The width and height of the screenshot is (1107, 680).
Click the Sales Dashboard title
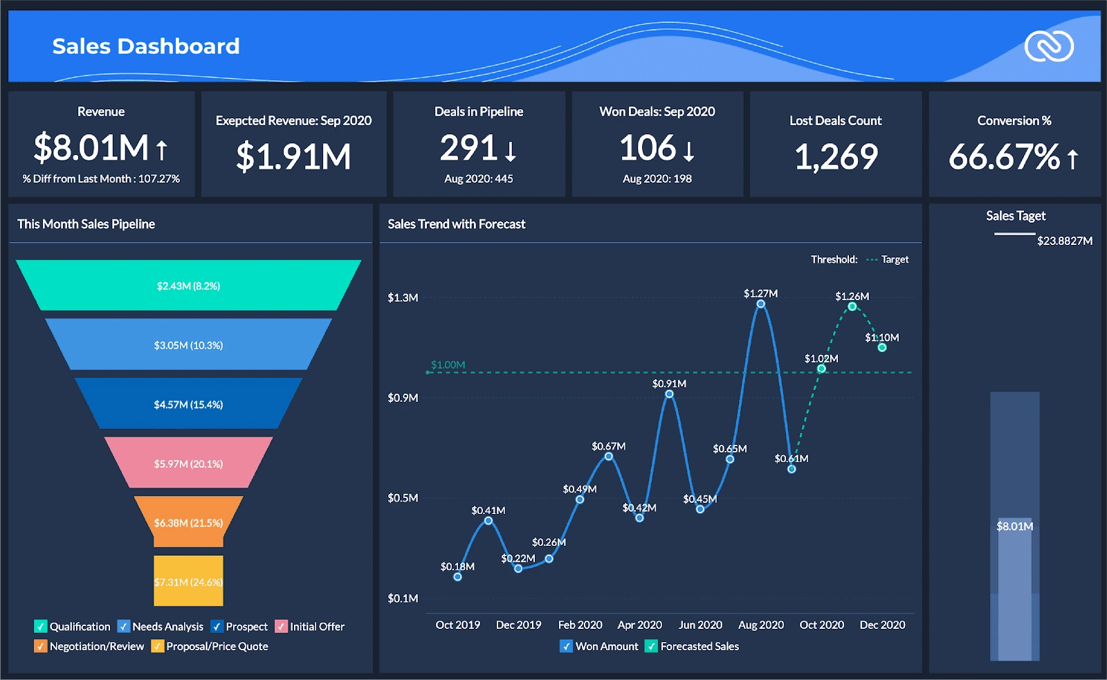pos(146,46)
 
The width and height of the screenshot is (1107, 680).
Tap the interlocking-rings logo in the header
pos(1049,46)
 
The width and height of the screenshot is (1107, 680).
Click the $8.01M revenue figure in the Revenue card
pos(91,148)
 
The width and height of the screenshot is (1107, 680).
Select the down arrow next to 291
pos(511,150)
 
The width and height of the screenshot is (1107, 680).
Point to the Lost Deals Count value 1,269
pos(836,157)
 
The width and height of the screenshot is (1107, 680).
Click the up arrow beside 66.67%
pos(1072,159)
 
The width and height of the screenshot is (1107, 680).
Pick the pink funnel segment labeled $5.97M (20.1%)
pos(188,463)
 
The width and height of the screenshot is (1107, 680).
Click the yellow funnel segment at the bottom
pos(188,581)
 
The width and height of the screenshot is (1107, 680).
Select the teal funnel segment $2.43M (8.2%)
pos(188,285)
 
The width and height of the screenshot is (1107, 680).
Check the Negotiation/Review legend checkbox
pos(40,646)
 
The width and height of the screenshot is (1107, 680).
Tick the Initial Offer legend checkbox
pos(281,626)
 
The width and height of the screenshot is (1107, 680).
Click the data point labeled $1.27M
pos(760,304)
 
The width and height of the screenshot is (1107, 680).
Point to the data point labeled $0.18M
pos(457,576)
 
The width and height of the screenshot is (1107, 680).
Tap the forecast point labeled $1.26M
pos(852,306)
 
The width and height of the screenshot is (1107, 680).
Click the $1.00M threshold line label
pos(448,365)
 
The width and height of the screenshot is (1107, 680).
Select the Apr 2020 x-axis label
pos(639,625)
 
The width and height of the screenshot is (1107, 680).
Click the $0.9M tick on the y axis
pos(403,398)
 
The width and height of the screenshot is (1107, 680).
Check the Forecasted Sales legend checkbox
pos(651,646)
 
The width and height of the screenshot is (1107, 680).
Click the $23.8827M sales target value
pos(1064,241)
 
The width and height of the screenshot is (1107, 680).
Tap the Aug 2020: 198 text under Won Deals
pos(657,178)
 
